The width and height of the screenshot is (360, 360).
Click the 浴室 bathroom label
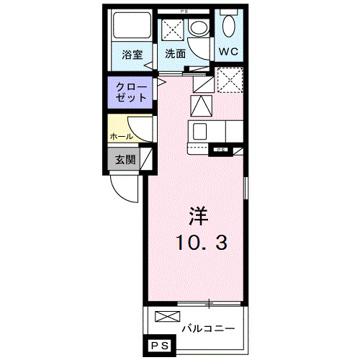(x=131, y=54)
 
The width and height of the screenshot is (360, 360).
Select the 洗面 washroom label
(x=175, y=54)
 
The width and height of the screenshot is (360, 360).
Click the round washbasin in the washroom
(x=197, y=29)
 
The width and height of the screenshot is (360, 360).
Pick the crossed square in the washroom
(x=173, y=30)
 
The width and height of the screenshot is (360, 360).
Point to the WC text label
(x=230, y=52)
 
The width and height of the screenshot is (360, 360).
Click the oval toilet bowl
(x=229, y=27)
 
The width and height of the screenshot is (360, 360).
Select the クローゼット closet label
(x=131, y=91)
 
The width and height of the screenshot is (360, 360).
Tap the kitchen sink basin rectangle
(x=200, y=131)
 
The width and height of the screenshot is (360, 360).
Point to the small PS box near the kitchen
(x=220, y=150)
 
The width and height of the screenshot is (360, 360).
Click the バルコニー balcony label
(x=207, y=328)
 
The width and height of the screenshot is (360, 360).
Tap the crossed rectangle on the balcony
(x=164, y=317)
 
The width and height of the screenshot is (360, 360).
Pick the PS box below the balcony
(x=161, y=347)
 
